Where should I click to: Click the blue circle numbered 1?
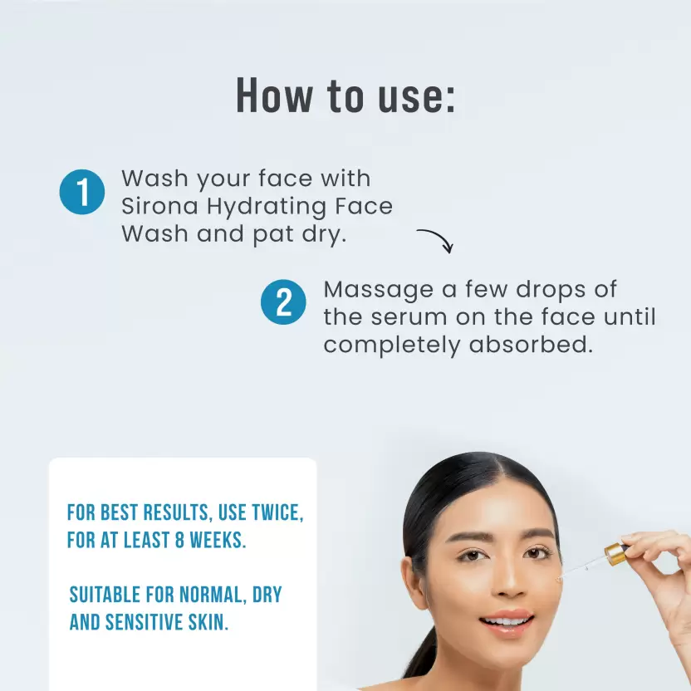coord(82,192)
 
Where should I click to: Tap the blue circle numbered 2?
coord(283,301)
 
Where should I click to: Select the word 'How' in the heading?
coord(275,96)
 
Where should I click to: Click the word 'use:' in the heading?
coord(416,96)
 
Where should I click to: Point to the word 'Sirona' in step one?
coord(159,206)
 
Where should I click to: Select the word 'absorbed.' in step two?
coord(531,344)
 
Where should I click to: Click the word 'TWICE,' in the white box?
coord(277,513)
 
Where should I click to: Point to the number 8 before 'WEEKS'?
coord(179,541)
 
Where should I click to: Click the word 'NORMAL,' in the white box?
coord(213,595)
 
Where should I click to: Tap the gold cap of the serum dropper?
coord(615,554)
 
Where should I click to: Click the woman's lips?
coord(507,621)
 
